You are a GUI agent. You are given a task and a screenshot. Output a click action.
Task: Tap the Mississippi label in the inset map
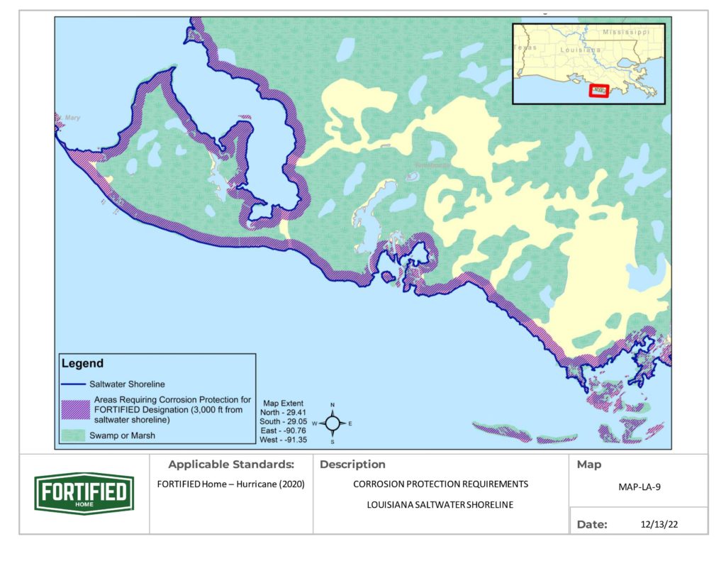tap(626, 33)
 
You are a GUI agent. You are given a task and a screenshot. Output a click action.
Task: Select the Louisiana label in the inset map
tap(581, 51)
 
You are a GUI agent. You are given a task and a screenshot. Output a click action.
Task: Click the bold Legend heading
tap(82, 364)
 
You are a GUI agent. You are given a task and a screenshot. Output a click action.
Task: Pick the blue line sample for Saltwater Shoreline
tap(77, 384)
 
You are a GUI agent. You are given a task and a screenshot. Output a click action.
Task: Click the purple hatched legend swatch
tap(75, 409)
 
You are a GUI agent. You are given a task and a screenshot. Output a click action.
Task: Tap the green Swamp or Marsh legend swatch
tap(75, 435)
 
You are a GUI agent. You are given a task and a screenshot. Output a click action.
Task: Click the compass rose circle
tap(332, 423)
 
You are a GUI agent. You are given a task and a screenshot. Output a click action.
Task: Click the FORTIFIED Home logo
tap(84, 493)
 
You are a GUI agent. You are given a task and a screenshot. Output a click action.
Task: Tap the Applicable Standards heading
tap(230, 465)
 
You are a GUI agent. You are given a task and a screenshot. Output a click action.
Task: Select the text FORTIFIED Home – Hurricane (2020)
tap(230, 485)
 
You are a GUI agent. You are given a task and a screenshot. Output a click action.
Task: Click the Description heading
tap(352, 465)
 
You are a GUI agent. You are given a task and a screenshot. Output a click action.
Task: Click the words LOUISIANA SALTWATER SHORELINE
tap(440, 504)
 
